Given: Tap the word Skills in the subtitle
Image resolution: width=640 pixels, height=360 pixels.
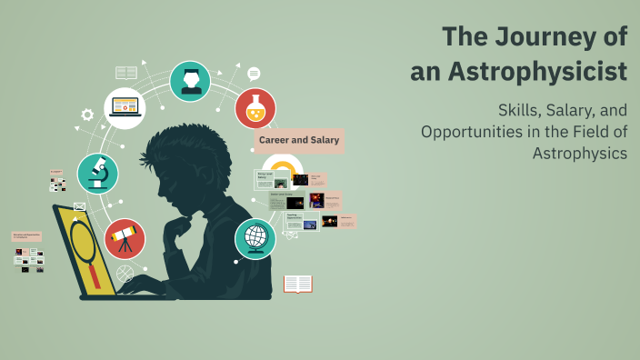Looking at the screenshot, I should [x=521, y=110].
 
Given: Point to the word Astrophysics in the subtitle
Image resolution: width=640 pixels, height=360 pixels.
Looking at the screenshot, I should [x=580, y=153].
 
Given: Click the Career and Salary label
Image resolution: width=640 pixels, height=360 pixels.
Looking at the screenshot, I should [x=299, y=140].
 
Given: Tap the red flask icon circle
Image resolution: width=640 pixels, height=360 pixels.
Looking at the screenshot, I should [x=255, y=109].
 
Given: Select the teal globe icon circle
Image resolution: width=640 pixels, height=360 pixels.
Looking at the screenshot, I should [x=255, y=238].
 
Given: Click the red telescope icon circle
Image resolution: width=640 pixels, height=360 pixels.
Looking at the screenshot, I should [x=125, y=238].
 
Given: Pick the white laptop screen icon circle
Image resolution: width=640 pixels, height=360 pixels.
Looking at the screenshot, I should [x=125, y=108].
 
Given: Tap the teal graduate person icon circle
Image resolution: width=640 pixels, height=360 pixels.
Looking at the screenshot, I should [x=190, y=82].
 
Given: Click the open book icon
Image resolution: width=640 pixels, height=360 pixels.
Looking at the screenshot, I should [x=298, y=284].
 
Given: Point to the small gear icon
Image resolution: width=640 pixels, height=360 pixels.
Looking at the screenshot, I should [x=87, y=115].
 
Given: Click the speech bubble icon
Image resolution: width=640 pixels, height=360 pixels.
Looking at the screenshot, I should [x=254, y=74].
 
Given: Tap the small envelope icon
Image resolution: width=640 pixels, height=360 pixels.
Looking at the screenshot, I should [x=79, y=206].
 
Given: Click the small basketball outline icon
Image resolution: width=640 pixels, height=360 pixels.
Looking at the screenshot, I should [x=125, y=273].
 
